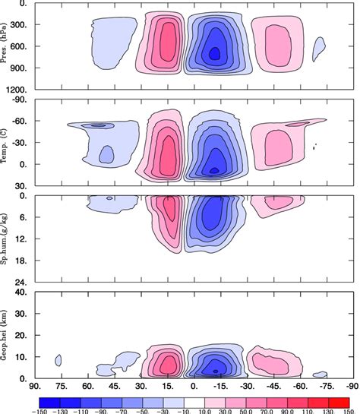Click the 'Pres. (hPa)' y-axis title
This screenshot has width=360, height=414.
click(7, 46)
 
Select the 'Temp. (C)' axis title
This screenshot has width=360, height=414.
click(7, 143)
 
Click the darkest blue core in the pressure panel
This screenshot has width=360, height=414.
click(214, 52)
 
